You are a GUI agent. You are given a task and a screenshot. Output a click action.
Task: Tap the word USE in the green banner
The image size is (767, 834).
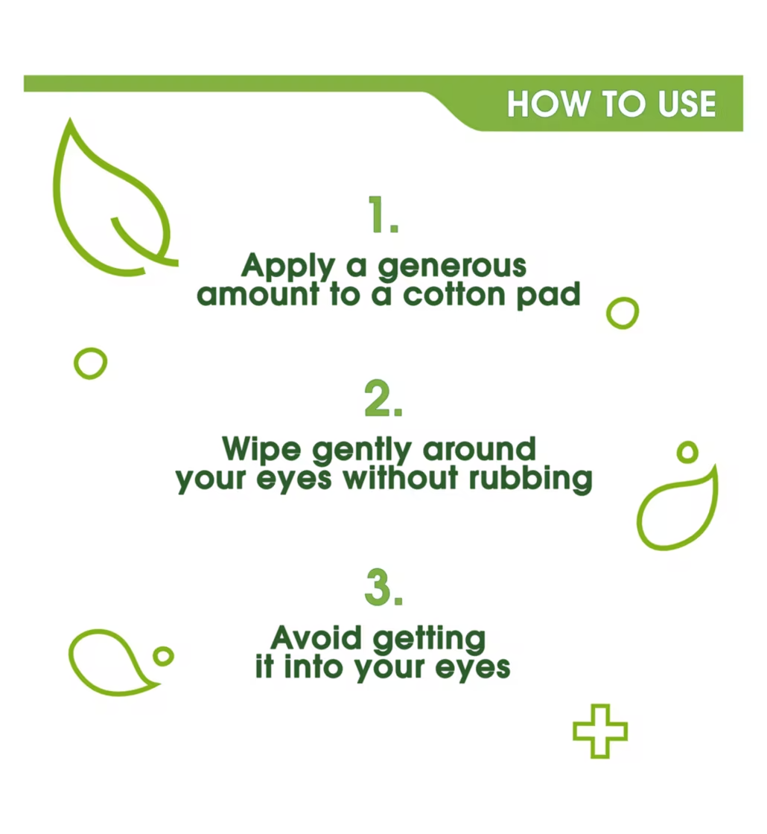687,104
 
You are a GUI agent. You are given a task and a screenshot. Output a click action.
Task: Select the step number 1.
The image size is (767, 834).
383,216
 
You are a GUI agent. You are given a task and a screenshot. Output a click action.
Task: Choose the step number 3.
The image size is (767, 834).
383,588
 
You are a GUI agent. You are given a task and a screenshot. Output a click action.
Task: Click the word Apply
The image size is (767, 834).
285,267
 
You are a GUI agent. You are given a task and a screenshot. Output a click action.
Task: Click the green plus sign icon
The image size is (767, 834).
599,730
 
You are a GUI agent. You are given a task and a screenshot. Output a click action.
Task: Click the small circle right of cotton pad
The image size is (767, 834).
623,313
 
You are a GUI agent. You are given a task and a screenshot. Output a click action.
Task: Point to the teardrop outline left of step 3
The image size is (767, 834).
108,661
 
